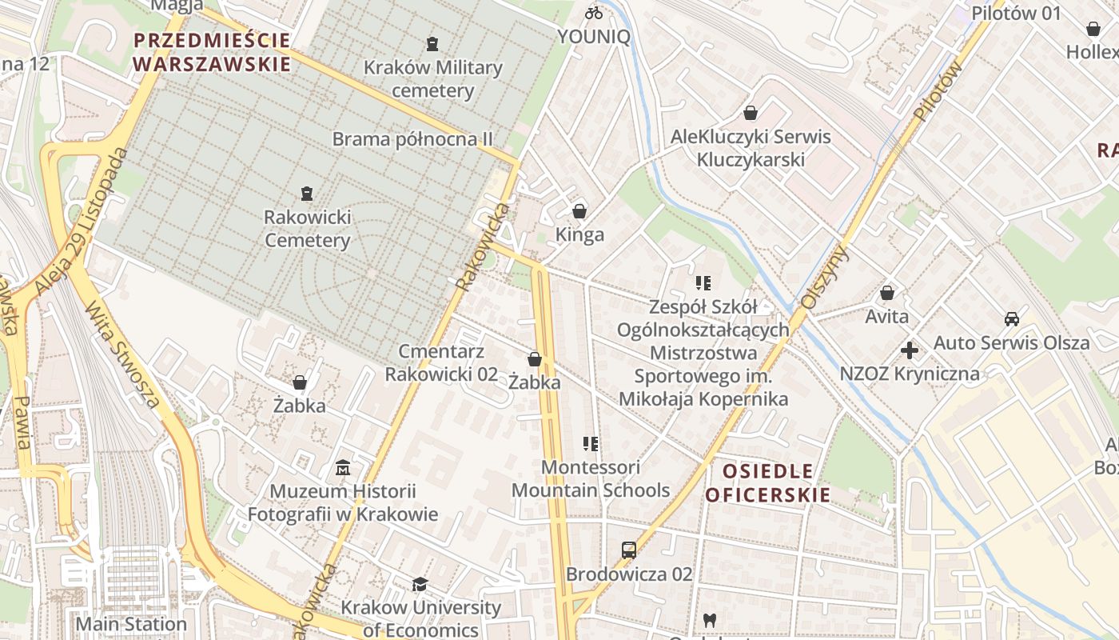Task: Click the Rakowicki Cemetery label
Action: [x=307, y=229]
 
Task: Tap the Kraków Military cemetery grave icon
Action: [x=432, y=43]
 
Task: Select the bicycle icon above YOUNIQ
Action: [x=593, y=13]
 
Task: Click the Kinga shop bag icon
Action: [x=579, y=211]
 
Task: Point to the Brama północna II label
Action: [x=412, y=139]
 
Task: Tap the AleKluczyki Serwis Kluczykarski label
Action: [x=751, y=148]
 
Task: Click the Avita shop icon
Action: [x=887, y=294]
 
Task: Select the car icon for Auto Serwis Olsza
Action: [x=1012, y=319]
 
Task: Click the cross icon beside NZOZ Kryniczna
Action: [x=909, y=350]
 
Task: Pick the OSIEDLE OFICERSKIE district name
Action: [x=767, y=483]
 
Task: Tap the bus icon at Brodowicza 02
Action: [x=629, y=550]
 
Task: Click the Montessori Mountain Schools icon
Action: [x=591, y=444]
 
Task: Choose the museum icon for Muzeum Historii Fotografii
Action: [x=343, y=467]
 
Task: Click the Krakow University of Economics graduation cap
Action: [x=420, y=584]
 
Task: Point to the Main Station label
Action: [x=131, y=624]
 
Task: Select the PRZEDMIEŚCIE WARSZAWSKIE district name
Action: [x=212, y=52]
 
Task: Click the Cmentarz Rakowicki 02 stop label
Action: [x=448, y=363]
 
